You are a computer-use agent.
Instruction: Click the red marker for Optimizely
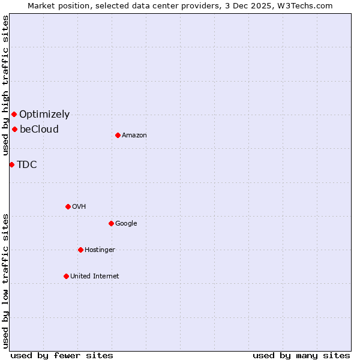click(x=14, y=114)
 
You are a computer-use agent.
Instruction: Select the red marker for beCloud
click(x=14, y=129)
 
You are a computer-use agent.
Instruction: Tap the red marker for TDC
click(x=11, y=164)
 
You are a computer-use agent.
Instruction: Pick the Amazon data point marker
click(x=118, y=135)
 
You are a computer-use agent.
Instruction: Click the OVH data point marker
click(x=68, y=206)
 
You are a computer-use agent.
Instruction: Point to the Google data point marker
click(x=111, y=223)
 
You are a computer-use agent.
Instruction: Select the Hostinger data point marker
click(x=80, y=250)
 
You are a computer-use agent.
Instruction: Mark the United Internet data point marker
click(x=66, y=276)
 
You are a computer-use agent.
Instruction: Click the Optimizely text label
click(x=44, y=114)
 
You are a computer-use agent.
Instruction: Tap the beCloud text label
click(x=39, y=129)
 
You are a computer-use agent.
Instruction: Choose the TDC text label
click(x=27, y=164)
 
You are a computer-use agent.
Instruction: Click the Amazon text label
click(x=134, y=135)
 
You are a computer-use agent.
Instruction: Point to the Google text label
click(x=126, y=223)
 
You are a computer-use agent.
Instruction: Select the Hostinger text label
click(x=100, y=250)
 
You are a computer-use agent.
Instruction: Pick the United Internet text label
click(x=95, y=276)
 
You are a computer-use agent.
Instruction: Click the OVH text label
click(x=79, y=206)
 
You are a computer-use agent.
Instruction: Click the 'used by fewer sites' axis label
click(x=62, y=355)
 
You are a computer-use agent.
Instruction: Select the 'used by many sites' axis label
click(x=301, y=355)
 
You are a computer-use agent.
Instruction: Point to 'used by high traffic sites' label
click(x=5, y=85)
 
